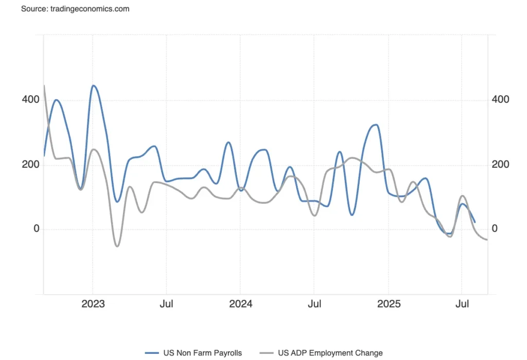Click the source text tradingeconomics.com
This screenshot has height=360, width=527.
pos(75,9)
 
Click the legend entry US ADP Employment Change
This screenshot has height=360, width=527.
pos(330,353)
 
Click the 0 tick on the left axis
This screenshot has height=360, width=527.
pos(36,229)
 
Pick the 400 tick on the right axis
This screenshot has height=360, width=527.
pos(500,99)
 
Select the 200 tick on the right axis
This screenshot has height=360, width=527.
pos(500,165)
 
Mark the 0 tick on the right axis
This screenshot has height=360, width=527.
pos(495,229)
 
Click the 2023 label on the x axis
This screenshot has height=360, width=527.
pos(93,304)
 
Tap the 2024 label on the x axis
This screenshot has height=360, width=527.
pos(240,304)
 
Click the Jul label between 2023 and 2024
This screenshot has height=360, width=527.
pos(166,304)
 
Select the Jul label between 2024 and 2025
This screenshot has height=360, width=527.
pos(314,304)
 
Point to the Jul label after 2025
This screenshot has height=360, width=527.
pos(462,304)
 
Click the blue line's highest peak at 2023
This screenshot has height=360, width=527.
pos(93,85)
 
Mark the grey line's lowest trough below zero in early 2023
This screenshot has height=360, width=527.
pos(117,246)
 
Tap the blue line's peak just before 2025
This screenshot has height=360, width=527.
pos(376,124)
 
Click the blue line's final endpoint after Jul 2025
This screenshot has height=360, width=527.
pos(475,222)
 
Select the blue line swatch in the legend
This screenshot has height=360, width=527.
pos(151,353)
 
